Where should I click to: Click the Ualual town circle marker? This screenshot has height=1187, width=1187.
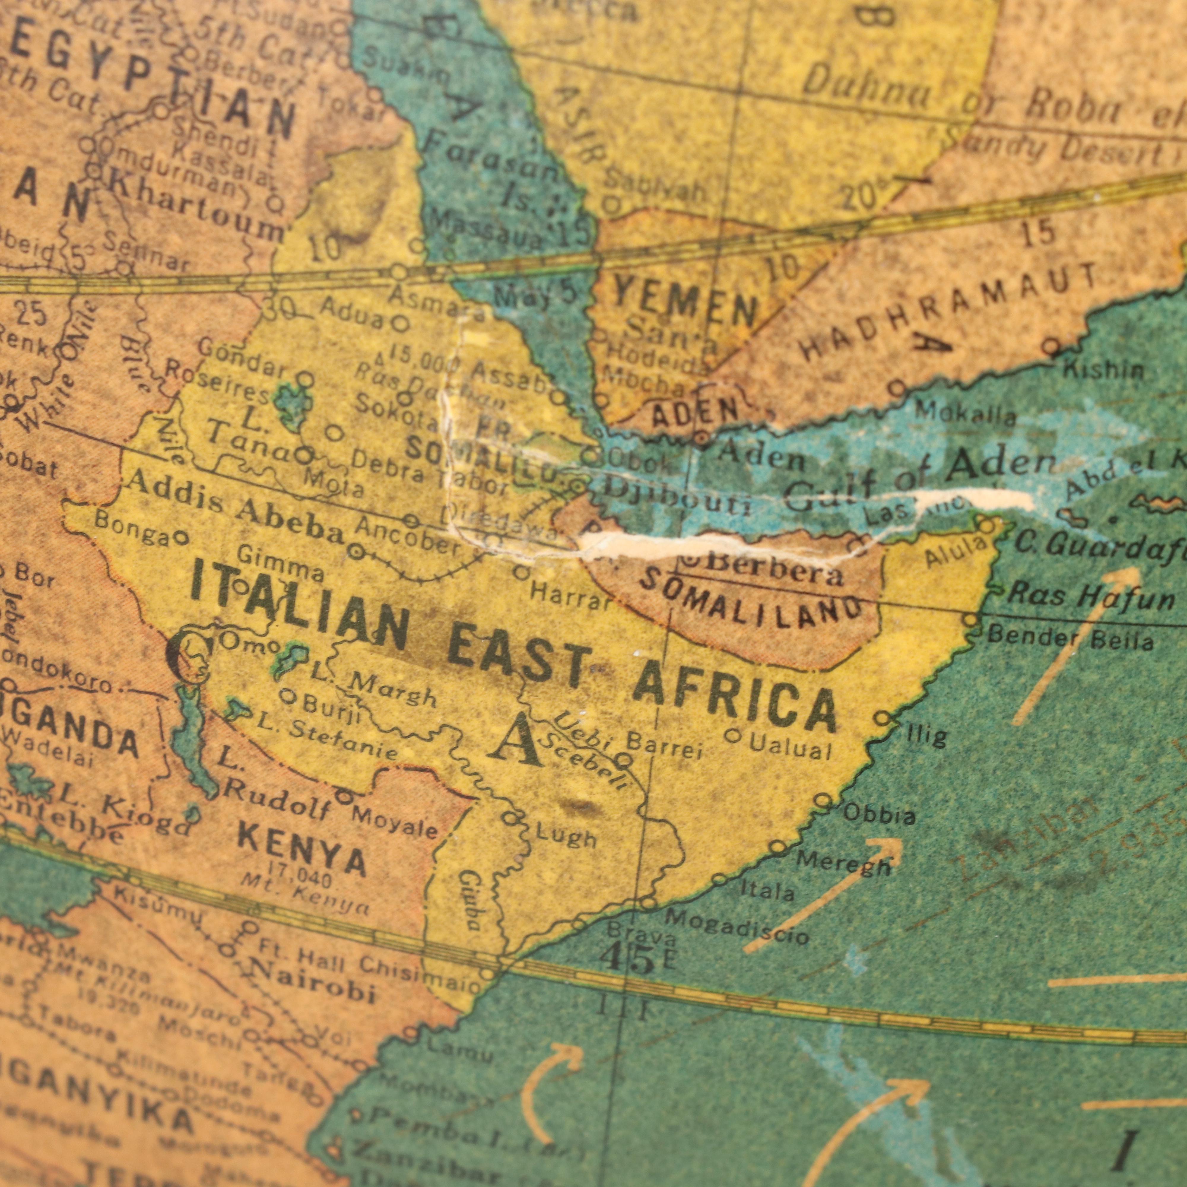[732, 735]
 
